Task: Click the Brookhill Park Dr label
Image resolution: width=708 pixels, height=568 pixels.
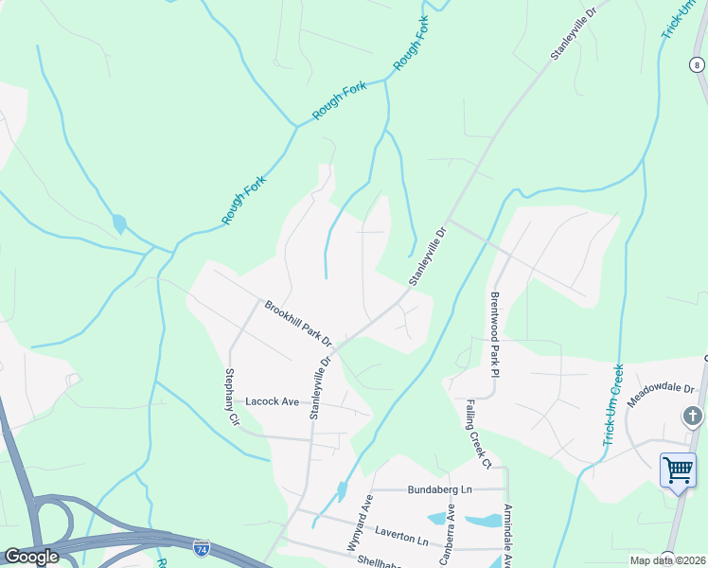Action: tap(299, 324)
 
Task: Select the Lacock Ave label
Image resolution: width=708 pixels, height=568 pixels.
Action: tap(272, 401)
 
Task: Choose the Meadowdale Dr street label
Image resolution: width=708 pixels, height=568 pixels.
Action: tap(661, 390)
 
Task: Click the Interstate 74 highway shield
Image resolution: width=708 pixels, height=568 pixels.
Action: tap(201, 547)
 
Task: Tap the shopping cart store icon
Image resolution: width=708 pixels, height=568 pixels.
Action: tap(678, 470)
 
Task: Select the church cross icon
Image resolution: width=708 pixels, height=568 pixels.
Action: tap(693, 417)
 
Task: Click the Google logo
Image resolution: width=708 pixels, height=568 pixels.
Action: tap(30, 557)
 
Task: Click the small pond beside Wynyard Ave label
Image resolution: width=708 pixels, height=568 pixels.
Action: tap(341, 491)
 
